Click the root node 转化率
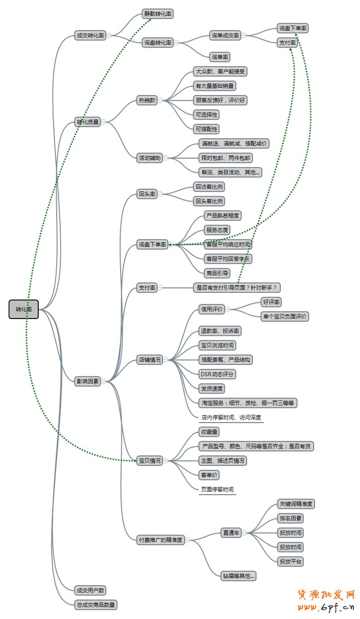tap(23, 309)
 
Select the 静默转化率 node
tap(158, 14)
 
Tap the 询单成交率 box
tap(225, 36)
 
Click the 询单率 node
tap(220, 56)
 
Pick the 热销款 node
tap(147, 100)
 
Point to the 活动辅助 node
tap(150, 158)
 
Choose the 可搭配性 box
tap(206, 129)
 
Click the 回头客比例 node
tap(209, 201)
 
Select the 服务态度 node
tap(216, 230)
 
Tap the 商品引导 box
tap(216, 273)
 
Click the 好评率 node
tap(271, 302)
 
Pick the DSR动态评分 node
tap(217, 374)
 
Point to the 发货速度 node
tap(211, 388)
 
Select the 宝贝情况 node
tap(150, 461)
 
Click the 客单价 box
tap(209, 475)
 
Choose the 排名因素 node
tap(290, 518)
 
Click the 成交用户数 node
tap(90, 590)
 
